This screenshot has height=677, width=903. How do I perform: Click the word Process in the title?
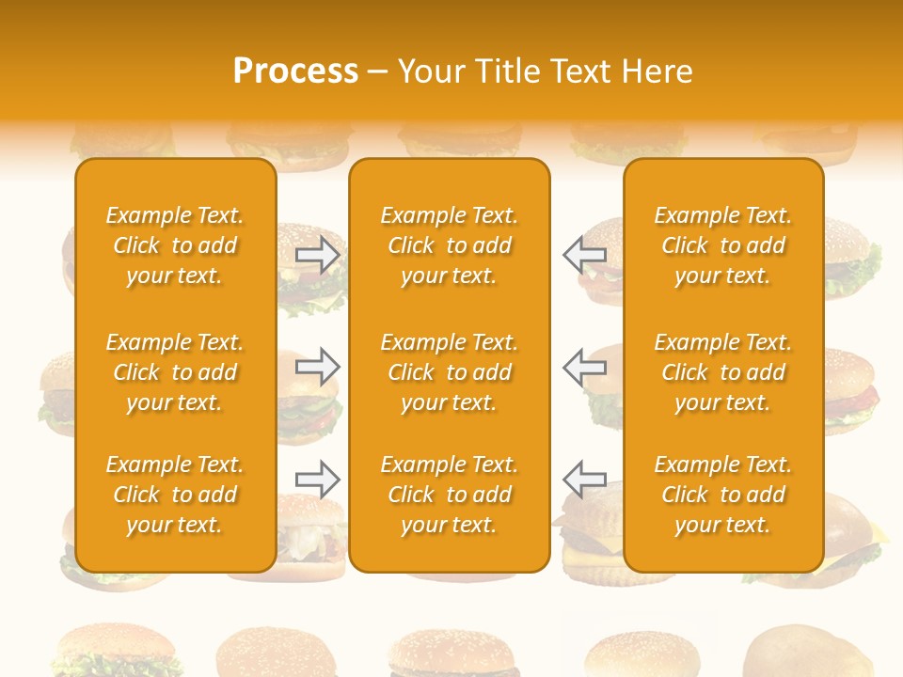[295, 71]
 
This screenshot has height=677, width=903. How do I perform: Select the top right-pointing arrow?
[317, 255]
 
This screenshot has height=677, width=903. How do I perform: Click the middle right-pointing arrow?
[317, 366]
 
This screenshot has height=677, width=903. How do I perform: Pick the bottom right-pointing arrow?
[317, 479]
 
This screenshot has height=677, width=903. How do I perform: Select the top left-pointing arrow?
[584, 255]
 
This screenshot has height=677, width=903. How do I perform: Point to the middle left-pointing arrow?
[584, 366]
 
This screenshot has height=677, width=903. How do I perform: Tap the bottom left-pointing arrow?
[584, 479]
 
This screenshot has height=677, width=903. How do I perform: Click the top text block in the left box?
[175, 245]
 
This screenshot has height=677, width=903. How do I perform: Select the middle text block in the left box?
[175, 372]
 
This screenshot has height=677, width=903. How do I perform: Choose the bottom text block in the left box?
[175, 495]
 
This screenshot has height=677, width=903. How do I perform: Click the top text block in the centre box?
[450, 245]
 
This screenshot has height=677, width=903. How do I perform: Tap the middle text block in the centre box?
[450, 372]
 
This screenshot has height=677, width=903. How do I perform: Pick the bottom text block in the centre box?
[450, 495]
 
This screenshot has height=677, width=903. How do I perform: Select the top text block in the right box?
[723, 245]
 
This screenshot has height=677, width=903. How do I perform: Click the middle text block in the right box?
[723, 372]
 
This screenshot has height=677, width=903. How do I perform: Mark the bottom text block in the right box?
[723, 495]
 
